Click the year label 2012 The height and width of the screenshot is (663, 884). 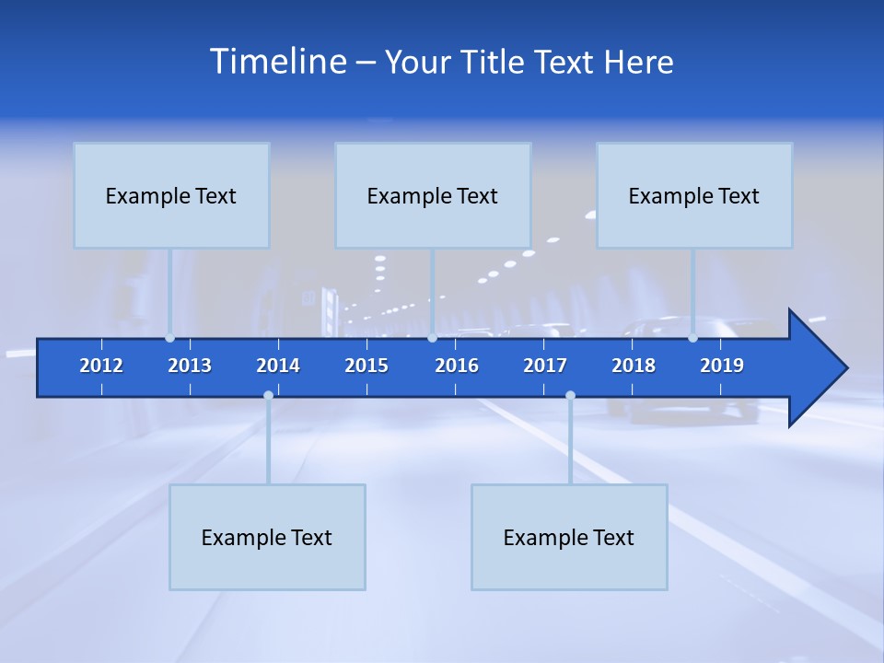tap(101, 366)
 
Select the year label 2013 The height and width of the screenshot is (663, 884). tap(190, 366)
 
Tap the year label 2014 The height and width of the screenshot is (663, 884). tap(278, 366)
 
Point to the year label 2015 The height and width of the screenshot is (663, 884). tap(366, 366)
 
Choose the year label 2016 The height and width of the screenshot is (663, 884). tap(457, 366)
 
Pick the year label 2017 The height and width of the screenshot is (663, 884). tap(545, 366)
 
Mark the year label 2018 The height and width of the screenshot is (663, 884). tap(634, 366)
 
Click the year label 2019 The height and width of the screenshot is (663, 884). tap(722, 366)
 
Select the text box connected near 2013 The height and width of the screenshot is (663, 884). tap(171, 195)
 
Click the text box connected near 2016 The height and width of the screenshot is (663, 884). tap(433, 195)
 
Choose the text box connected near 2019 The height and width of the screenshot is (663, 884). tap(694, 195)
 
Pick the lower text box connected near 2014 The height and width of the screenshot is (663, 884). tap(267, 537)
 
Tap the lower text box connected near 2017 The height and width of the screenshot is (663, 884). tap(569, 537)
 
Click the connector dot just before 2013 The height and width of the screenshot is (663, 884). tap(170, 338)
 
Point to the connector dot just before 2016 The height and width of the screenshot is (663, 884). tap(433, 338)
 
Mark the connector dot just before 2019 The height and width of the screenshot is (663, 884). tap(693, 338)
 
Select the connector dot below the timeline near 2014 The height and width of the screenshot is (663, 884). tap(268, 396)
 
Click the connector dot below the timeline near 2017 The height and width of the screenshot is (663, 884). tap(570, 396)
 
